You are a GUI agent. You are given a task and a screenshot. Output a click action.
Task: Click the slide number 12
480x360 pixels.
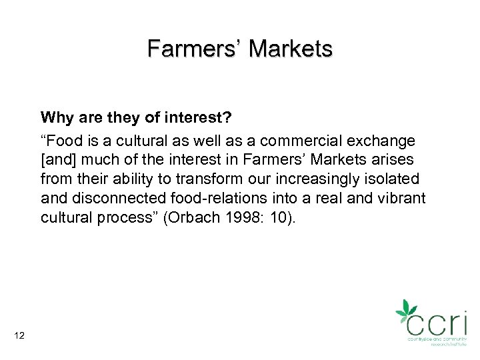pyautogui.click(x=19, y=335)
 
